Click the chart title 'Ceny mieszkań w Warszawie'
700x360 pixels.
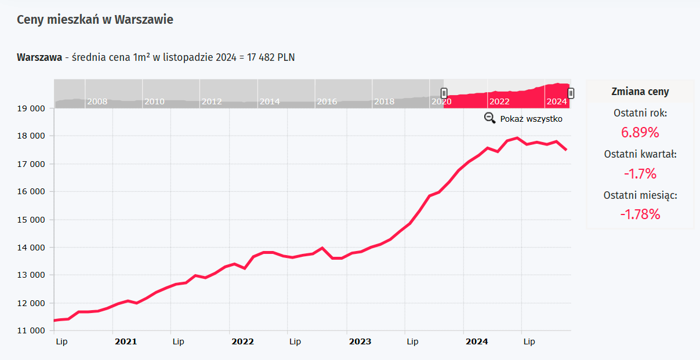pos(95,20)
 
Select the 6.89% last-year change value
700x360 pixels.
pos(640,132)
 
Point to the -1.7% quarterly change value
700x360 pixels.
pos(640,173)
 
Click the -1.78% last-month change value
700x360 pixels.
pos(640,214)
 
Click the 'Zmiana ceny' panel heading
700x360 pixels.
pos(640,92)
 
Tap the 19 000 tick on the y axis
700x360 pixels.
pos(30,108)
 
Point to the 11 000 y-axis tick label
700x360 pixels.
pos(30,331)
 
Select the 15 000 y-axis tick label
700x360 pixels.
pos(30,220)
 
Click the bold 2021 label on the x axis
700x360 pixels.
pos(126,342)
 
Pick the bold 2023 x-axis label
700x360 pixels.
pos(360,342)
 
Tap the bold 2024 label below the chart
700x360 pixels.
pos(477,342)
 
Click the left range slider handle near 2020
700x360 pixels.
pos(444,93)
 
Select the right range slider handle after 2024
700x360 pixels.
pos(571,93)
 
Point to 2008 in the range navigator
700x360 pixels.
pos(97,101)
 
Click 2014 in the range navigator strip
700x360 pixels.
pos(270,101)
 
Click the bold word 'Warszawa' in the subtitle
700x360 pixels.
pos(39,57)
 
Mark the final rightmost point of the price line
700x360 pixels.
pos(566,150)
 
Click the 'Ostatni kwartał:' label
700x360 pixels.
pos(640,154)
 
